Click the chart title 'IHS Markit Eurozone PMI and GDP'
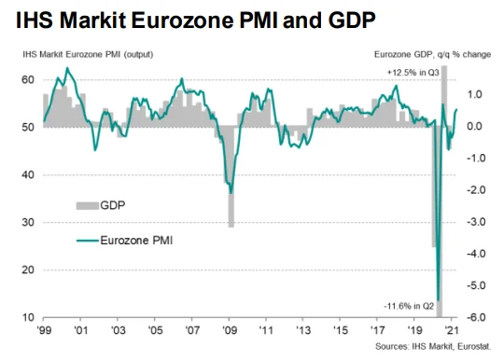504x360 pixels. pos(195,20)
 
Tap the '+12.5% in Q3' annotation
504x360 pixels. pos(413,73)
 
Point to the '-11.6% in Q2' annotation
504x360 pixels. pos(409,306)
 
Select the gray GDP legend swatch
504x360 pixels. pos(87,205)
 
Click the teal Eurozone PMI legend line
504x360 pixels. pos(87,241)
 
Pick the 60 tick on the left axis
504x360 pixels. pos(28,79)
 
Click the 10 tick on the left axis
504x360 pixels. pos(28,317)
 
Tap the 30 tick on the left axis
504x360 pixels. pos(28,222)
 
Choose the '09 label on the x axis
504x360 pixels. pos(230,330)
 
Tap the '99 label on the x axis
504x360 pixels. pos(44,330)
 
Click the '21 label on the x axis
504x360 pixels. pos(452,330)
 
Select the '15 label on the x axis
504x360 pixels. pos(340,330)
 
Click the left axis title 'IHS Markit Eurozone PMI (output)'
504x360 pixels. pos(88,54)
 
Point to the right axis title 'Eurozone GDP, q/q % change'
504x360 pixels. pos(433,55)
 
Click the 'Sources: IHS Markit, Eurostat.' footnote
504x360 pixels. pos(433,347)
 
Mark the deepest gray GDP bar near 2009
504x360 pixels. pos(231,176)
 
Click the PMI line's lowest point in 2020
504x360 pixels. pos(438,300)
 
